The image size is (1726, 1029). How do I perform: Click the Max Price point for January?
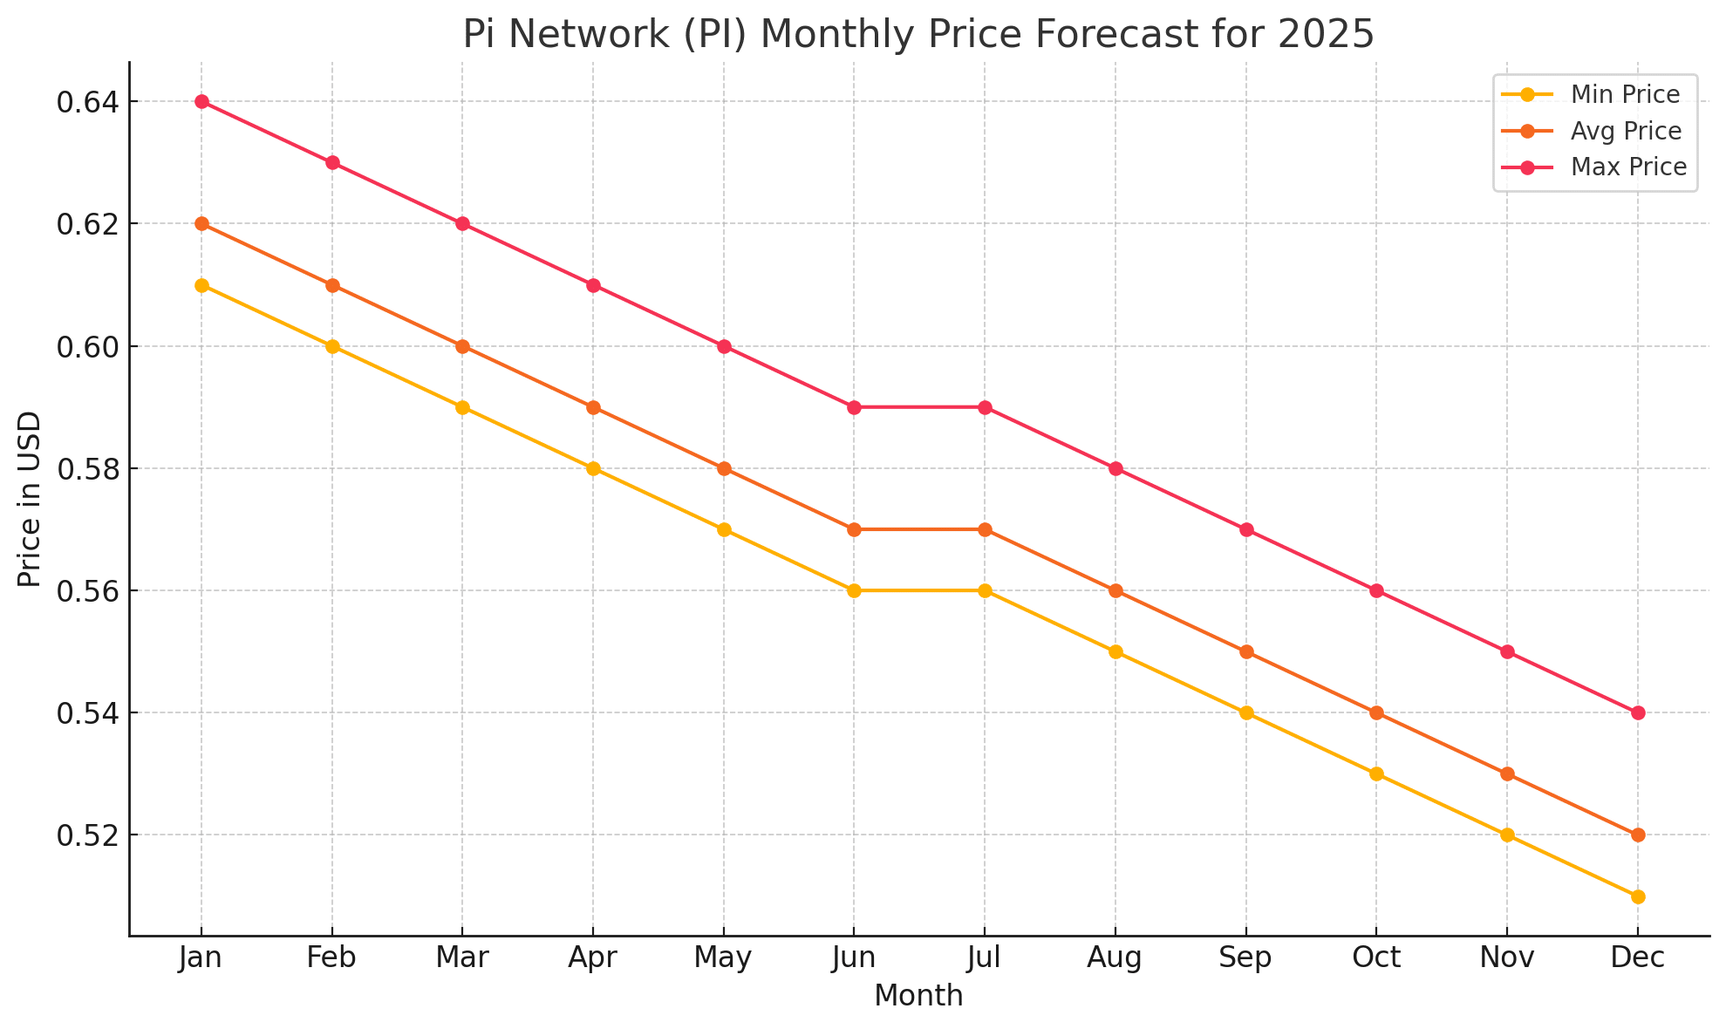pos(201,102)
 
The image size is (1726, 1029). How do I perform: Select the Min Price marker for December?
pos(1638,896)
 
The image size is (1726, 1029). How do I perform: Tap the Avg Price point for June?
pos(854,529)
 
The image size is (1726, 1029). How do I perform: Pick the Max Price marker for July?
pos(985,407)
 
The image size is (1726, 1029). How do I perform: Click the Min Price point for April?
pos(593,468)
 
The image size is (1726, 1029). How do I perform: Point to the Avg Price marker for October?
pos(1376,712)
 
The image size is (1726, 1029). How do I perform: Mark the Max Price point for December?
pos(1638,712)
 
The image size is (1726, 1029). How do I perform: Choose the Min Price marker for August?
pos(1115,651)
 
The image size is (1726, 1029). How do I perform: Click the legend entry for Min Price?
pos(1624,94)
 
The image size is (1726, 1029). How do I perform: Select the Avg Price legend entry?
pos(1625,131)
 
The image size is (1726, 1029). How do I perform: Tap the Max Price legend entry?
pos(1627,167)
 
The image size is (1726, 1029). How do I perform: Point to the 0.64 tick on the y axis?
pos(85,102)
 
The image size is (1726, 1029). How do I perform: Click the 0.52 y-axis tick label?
pos(85,835)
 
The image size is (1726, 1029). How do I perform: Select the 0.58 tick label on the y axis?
pos(85,469)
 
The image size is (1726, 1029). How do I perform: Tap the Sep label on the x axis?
pos(1245,958)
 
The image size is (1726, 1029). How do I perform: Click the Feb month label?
pos(331,958)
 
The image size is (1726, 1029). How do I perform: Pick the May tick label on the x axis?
pos(723,958)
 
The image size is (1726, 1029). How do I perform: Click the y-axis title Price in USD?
pos(30,499)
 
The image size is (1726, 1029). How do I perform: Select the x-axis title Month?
pos(918,996)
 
